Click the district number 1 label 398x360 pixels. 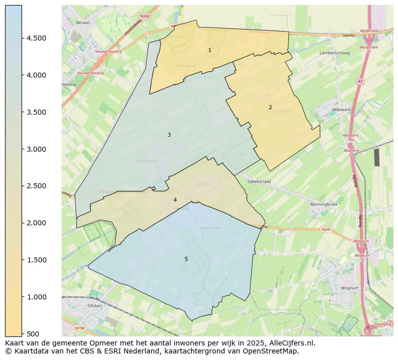point(210,50)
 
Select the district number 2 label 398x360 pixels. point(270,107)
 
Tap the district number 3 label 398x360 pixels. point(169,135)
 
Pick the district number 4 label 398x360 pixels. point(175,200)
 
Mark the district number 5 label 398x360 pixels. point(186,259)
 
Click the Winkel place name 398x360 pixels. point(83,23)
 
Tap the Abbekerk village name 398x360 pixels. point(341,109)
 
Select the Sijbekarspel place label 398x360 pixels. point(259,182)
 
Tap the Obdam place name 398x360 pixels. point(95,305)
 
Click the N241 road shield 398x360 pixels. point(326,229)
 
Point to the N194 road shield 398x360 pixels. point(79,328)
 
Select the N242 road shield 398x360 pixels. point(145,16)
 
